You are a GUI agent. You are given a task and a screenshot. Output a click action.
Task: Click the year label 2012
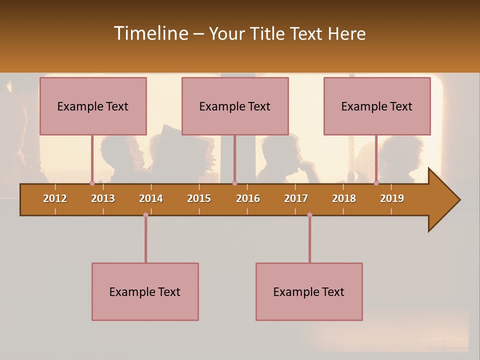coord(55,198)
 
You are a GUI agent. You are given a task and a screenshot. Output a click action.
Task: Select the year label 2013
coord(103,198)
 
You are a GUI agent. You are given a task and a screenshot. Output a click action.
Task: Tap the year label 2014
coord(151,198)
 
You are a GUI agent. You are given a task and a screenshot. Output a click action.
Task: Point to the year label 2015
coord(199,198)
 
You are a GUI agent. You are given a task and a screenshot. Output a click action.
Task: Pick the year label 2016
coord(248,198)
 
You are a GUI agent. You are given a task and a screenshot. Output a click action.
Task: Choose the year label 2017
coord(296,198)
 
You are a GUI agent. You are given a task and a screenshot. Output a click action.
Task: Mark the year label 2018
coord(344,198)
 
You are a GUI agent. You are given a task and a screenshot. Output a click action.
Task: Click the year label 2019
coord(392,198)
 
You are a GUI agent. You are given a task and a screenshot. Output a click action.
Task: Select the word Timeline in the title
coord(150,33)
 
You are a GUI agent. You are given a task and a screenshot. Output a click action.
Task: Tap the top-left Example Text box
coord(93,106)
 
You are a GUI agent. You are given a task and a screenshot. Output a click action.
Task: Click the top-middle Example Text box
coord(235,106)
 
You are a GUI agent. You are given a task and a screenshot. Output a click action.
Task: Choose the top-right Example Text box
coord(377,106)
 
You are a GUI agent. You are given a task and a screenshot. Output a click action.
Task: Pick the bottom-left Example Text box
coord(145,291)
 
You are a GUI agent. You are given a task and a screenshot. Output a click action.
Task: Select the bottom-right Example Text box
coord(309,291)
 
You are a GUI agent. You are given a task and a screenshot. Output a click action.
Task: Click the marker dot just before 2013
coord(92,183)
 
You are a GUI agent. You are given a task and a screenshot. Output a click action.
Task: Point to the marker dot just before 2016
coord(234,183)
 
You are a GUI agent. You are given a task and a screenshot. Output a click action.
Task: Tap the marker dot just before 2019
coord(376,183)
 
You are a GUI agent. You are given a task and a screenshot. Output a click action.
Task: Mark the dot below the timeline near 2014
coord(145,215)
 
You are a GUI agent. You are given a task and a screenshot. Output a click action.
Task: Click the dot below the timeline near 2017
coord(309,215)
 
